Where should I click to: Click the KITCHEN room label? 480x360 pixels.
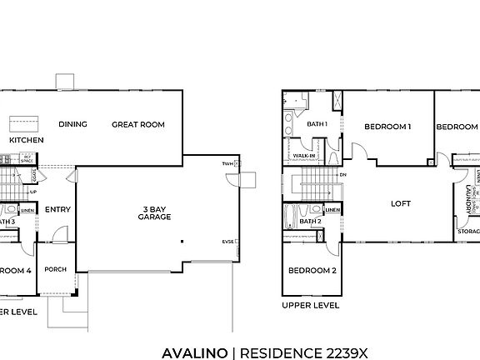point(25,141)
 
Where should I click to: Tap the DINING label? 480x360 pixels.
point(73,125)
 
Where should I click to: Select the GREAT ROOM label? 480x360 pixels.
point(138,125)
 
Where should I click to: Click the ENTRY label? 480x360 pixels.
point(57,209)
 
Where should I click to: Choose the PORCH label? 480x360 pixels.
point(55,269)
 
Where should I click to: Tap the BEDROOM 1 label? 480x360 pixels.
point(387,127)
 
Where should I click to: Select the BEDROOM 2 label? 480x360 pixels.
point(312,271)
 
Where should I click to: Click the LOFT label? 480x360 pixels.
point(402,204)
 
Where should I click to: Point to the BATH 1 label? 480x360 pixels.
point(317,124)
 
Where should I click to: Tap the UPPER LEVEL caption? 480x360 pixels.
point(310,306)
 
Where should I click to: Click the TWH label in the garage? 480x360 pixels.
point(228,164)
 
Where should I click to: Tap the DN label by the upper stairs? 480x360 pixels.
point(343,175)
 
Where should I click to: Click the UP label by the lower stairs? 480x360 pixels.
point(32,192)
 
